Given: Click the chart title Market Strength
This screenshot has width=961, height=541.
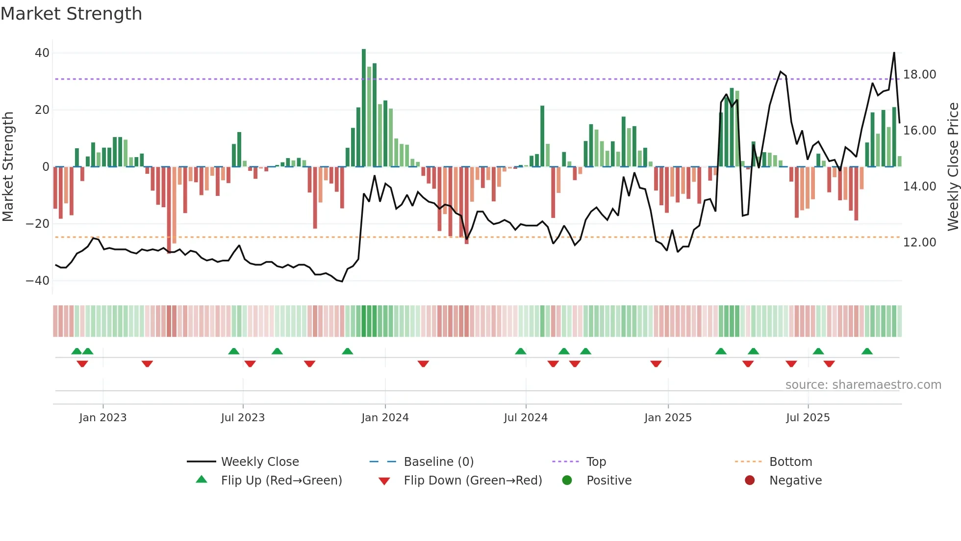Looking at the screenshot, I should pos(71,14).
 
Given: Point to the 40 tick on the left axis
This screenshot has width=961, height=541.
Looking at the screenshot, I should pos(42,53).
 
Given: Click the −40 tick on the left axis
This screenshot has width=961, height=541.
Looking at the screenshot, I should pos(38,281).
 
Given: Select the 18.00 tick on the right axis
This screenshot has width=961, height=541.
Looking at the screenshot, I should pos(919,75).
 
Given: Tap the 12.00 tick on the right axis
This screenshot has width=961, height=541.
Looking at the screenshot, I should pos(919,243).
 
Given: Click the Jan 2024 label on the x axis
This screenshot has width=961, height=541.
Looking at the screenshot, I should pos(385,418).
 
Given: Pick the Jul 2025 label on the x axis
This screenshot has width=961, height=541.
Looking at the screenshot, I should pos(808,418).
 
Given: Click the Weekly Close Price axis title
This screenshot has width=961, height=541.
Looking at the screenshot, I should pos(953,167).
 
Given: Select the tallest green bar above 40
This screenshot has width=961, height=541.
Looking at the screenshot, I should pos(364,108).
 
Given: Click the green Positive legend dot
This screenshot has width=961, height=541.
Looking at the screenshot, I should pos(567,481).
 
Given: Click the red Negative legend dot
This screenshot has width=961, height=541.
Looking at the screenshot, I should pos(750,481).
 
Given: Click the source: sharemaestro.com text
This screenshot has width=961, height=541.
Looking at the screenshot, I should pos(863,385).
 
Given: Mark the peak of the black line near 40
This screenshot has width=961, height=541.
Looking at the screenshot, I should pos(894,53).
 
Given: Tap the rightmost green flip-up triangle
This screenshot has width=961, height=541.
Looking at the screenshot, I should pos(867,352).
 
